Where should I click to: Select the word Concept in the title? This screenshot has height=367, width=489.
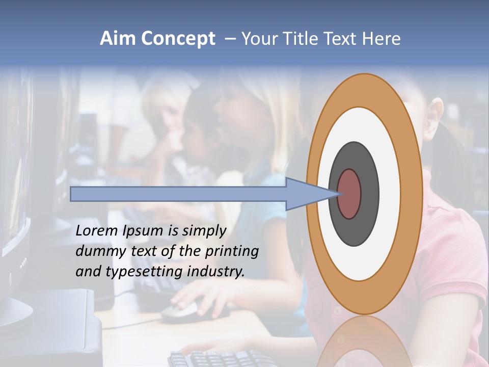[x=178, y=39]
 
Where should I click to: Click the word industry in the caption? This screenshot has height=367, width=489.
[x=216, y=272]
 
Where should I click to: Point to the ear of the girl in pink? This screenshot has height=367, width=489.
[x=436, y=115]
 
